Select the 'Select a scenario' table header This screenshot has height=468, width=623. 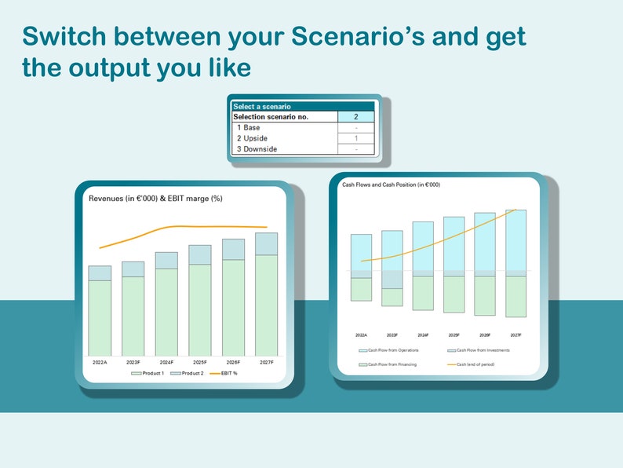(x=262, y=106)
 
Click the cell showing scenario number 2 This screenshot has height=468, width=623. (x=355, y=117)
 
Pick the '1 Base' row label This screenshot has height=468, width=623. (x=249, y=127)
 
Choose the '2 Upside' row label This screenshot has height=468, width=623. (x=252, y=138)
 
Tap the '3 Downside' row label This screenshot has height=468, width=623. (x=257, y=149)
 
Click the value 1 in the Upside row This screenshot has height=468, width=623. (x=355, y=138)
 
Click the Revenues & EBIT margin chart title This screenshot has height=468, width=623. (x=155, y=199)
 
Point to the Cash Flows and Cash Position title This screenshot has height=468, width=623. (x=391, y=185)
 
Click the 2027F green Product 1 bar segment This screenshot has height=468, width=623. (x=266, y=305)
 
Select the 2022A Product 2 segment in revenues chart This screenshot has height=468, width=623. (x=100, y=272)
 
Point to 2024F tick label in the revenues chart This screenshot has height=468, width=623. (x=166, y=362)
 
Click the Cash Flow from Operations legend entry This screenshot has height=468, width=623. (x=389, y=350)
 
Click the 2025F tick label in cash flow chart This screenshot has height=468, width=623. (x=454, y=335)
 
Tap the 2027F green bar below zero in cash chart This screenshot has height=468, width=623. (x=516, y=296)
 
